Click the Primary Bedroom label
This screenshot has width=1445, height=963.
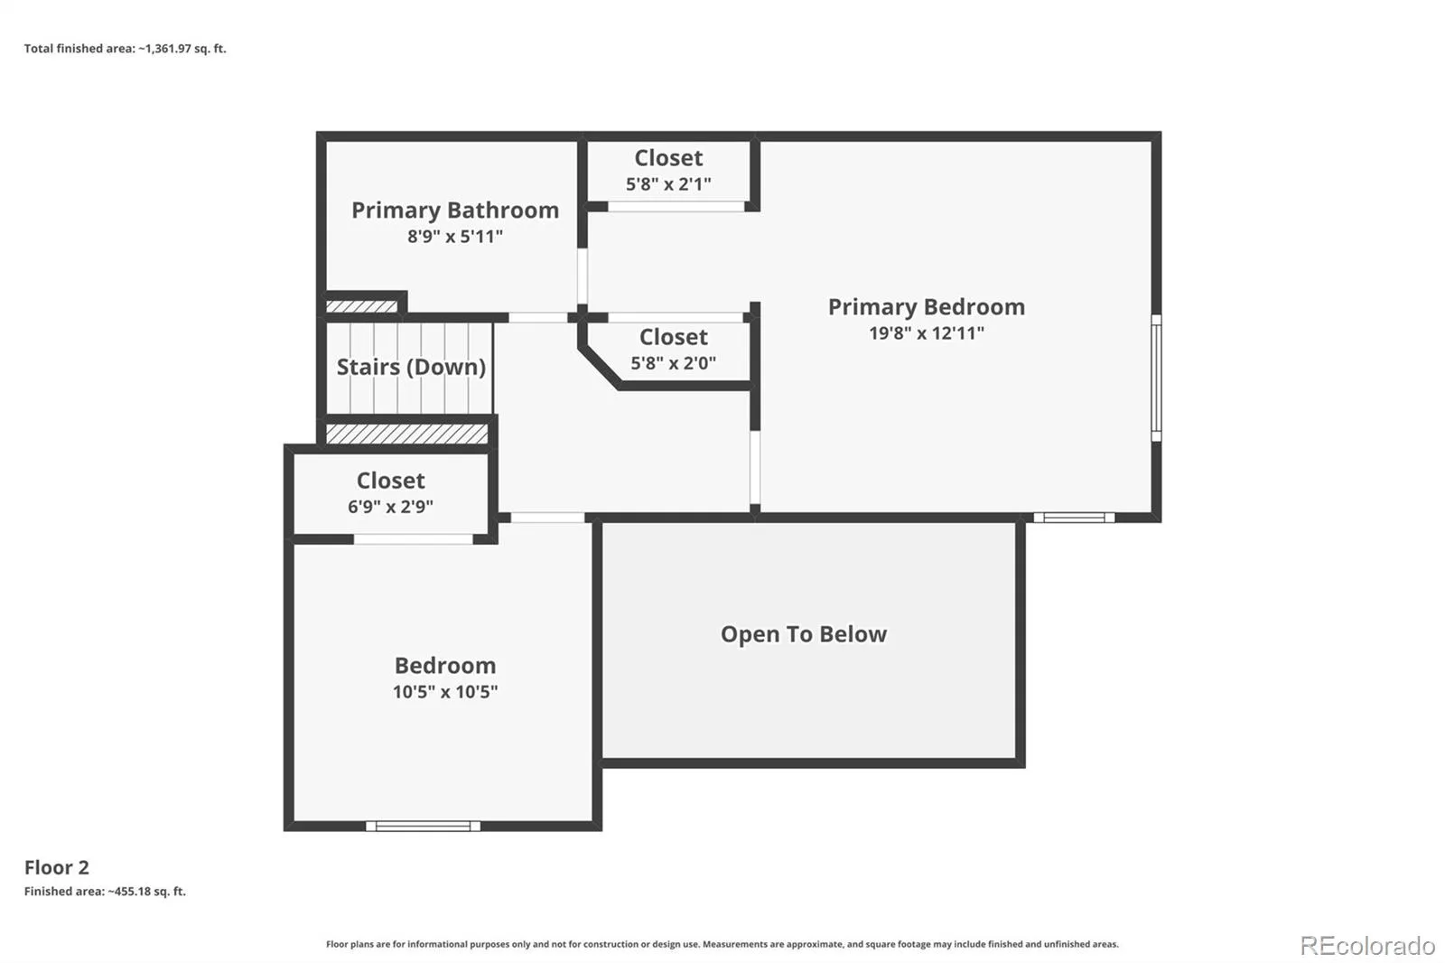(927, 307)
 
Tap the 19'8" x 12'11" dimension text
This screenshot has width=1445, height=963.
(927, 333)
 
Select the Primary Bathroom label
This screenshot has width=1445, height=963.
(455, 210)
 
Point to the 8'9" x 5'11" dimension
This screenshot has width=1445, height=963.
(455, 236)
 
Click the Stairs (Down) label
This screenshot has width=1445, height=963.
(411, 367)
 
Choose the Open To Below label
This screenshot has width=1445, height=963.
(804, 634)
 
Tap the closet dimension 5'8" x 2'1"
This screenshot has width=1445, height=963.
(668, 184)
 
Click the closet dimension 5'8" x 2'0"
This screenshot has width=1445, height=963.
(673, 363)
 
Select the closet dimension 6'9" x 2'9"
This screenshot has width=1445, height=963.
(390, 507)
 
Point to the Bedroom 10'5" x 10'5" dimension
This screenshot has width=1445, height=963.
(445, 692)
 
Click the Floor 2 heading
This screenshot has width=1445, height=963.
(57, 867)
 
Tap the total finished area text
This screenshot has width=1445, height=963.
(126, 49)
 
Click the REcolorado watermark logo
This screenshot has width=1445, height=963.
(1367, 946)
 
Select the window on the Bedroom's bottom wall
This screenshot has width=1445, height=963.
(424, 827)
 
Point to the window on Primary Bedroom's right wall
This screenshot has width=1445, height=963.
(1156, 379)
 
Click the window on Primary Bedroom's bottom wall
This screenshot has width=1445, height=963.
(1074, 518)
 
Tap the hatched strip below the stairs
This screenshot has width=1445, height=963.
(407, 434)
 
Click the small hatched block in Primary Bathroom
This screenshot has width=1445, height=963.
(361, 306)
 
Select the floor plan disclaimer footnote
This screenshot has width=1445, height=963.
(722, 944)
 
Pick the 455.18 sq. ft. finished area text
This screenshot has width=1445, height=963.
(105, 892)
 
